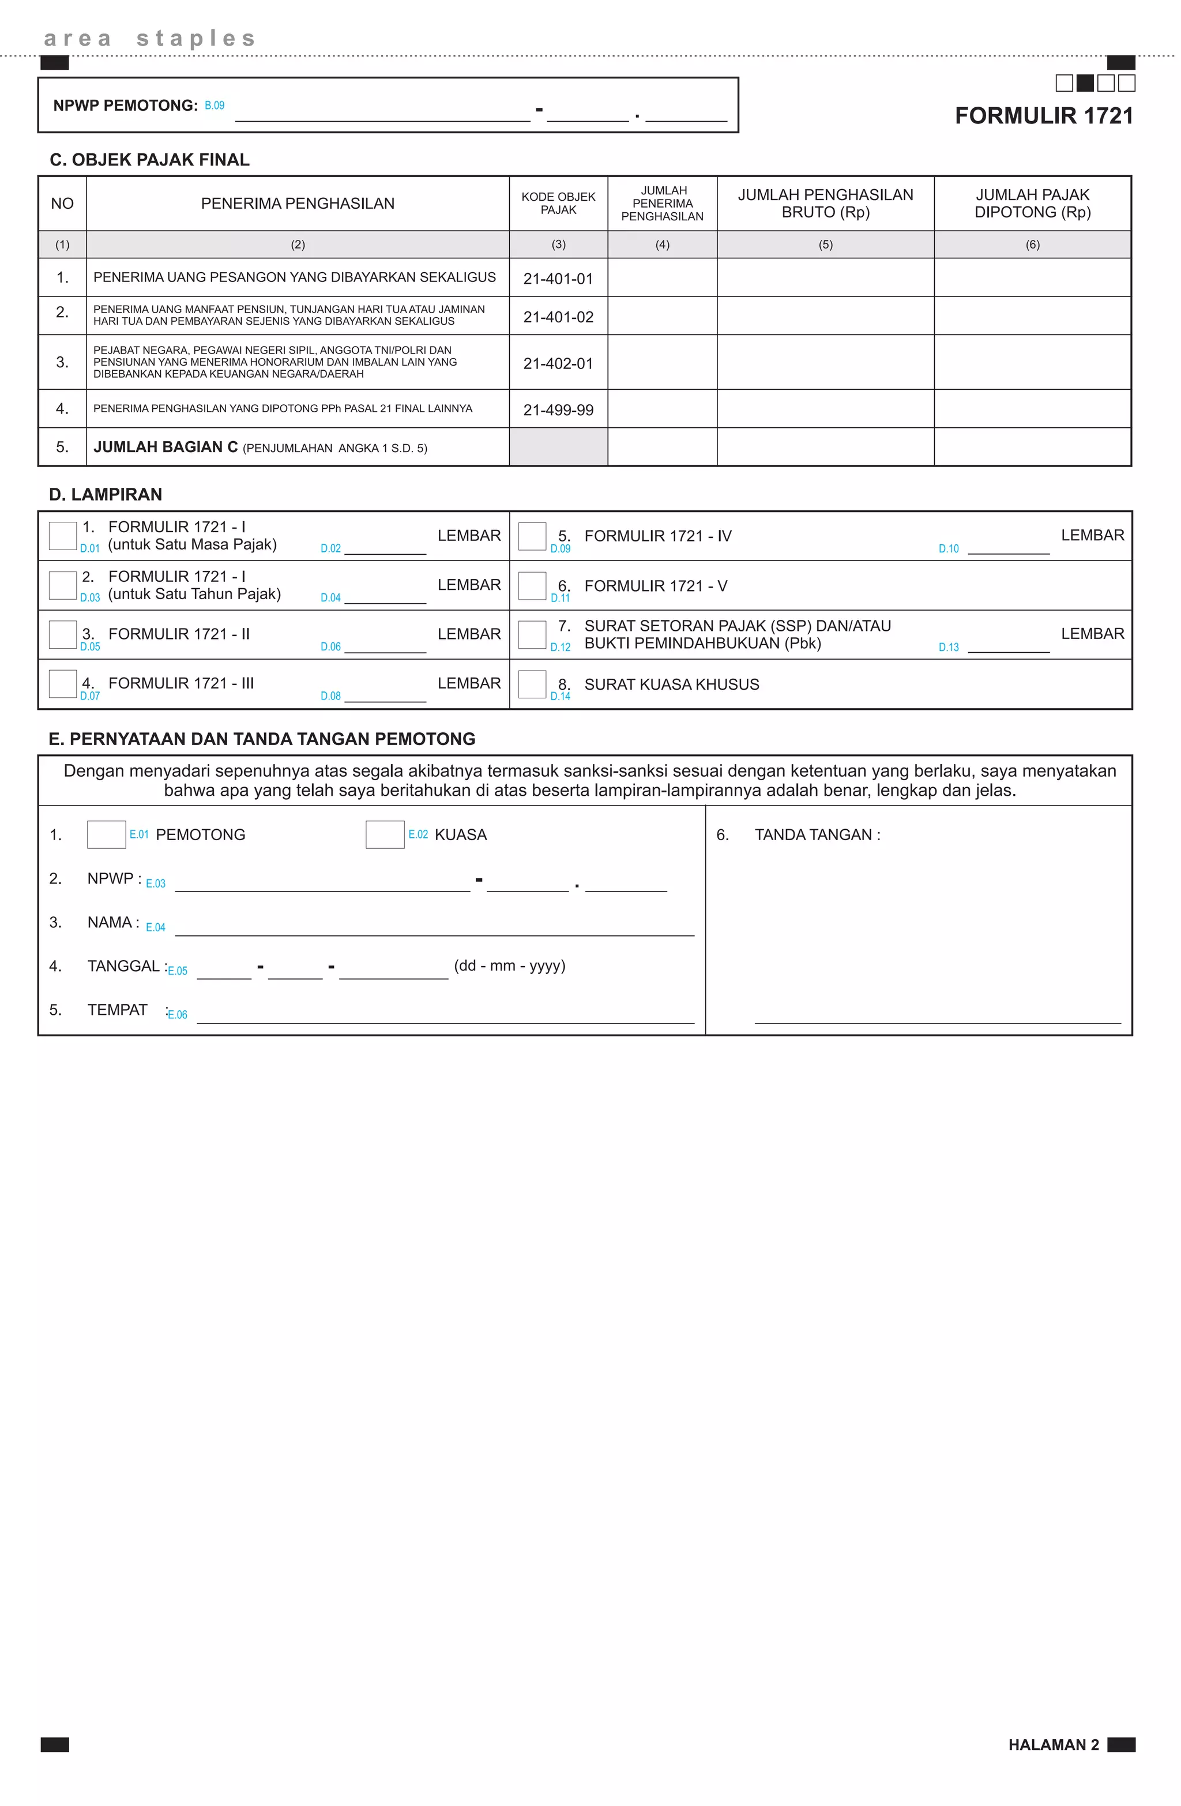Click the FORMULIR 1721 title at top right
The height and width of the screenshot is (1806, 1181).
1044,115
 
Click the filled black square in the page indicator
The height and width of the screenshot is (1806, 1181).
1085,82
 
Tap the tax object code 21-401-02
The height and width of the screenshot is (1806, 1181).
558,317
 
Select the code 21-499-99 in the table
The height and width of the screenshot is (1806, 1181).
558,410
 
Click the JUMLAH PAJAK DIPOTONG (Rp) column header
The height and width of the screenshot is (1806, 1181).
1032,204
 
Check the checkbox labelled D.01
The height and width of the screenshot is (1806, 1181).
62,536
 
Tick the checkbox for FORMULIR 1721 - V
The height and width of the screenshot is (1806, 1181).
532,586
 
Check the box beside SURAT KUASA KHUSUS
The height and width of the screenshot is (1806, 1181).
532,684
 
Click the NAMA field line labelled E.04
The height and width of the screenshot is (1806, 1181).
434,929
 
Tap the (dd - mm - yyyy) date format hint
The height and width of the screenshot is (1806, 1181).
509,966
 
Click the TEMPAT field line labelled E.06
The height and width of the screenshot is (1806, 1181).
446,1016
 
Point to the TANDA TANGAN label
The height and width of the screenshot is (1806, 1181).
817,835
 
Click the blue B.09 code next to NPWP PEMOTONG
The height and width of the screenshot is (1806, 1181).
214,106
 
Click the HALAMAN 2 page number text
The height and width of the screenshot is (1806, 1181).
1053,1744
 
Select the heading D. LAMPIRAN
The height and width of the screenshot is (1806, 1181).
106,495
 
